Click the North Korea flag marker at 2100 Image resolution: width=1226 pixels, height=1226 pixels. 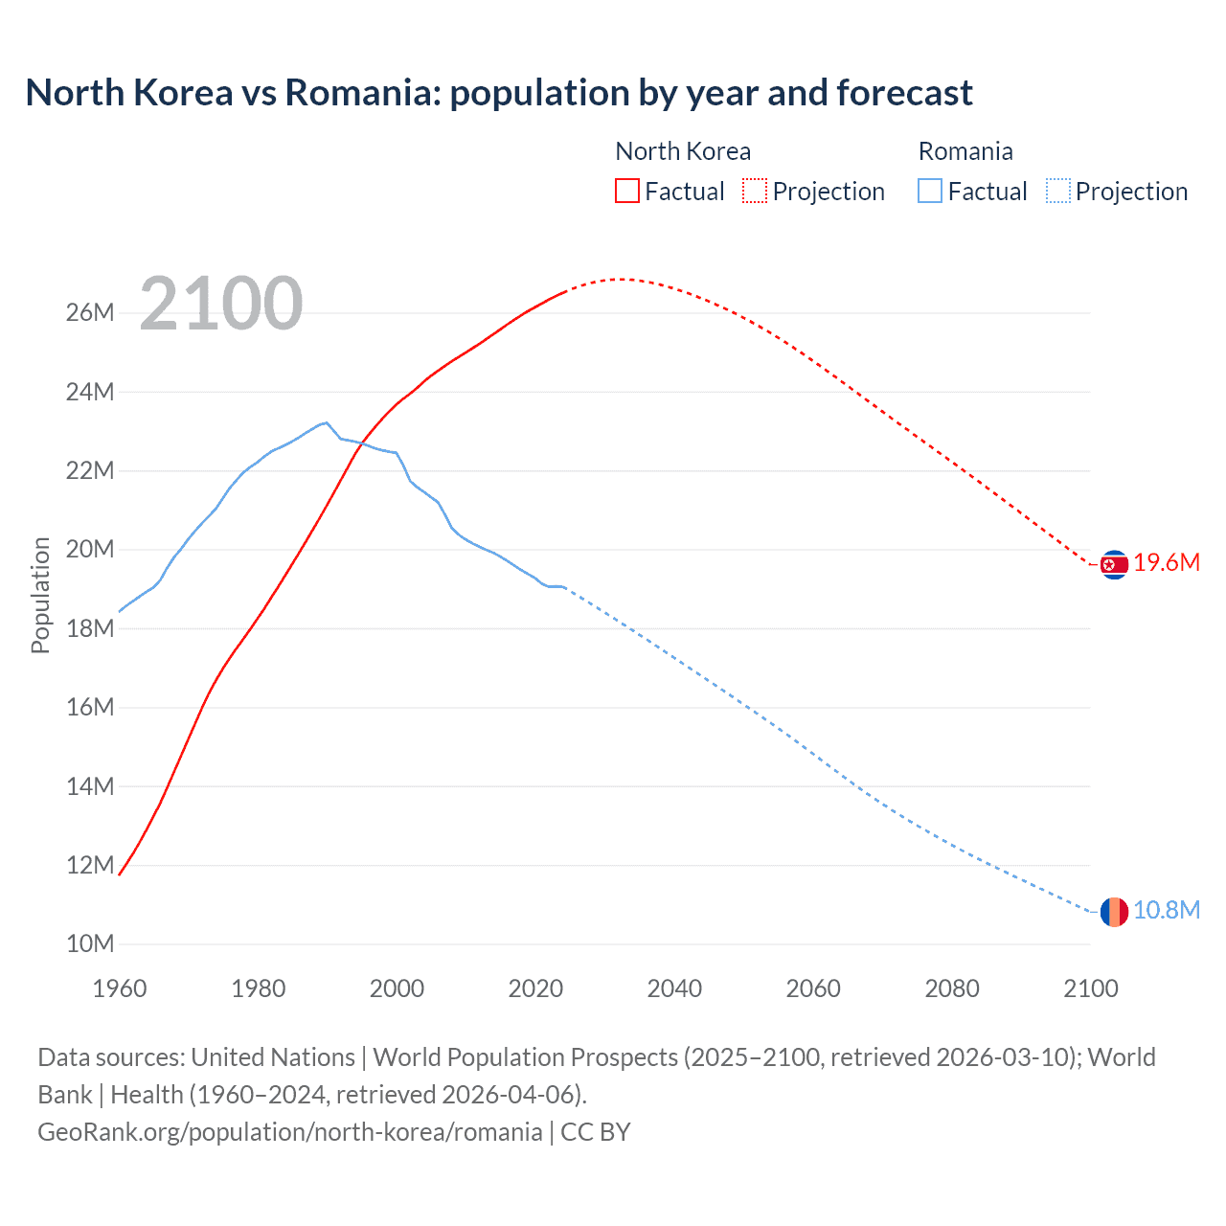tap(1114, 565)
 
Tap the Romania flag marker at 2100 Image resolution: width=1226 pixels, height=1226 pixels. tap(1114, 912)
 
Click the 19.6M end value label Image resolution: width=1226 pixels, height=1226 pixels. tap(1167, 563)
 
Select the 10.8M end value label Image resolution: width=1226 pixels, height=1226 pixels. tap(1167, 910)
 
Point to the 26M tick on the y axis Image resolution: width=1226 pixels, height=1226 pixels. tap(90, 313)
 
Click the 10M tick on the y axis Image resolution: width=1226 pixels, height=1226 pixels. tap(90, 943)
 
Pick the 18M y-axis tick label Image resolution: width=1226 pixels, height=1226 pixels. tap(90, 628)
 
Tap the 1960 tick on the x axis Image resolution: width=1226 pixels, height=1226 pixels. tap(120, 988)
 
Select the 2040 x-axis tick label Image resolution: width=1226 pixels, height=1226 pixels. tap(674, 988)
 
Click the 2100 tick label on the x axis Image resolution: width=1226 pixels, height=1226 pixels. tap(1090, 988)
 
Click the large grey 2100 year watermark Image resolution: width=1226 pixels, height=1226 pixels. tap(221, 304)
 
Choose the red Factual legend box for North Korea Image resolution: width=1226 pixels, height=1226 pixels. tap(626, 192)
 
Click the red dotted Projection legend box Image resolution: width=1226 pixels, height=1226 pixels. tap(755, 192)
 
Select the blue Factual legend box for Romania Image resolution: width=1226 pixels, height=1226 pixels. tap(930, 192)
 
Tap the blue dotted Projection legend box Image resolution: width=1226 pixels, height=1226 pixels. tap(1057, 192)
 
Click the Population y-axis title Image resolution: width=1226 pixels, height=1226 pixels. tap(40, 595)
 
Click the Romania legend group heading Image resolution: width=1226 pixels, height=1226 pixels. tap(965, 151)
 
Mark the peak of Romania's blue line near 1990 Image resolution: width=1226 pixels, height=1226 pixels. tap(327, 422)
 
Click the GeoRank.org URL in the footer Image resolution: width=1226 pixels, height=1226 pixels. tap(290, 1132)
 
